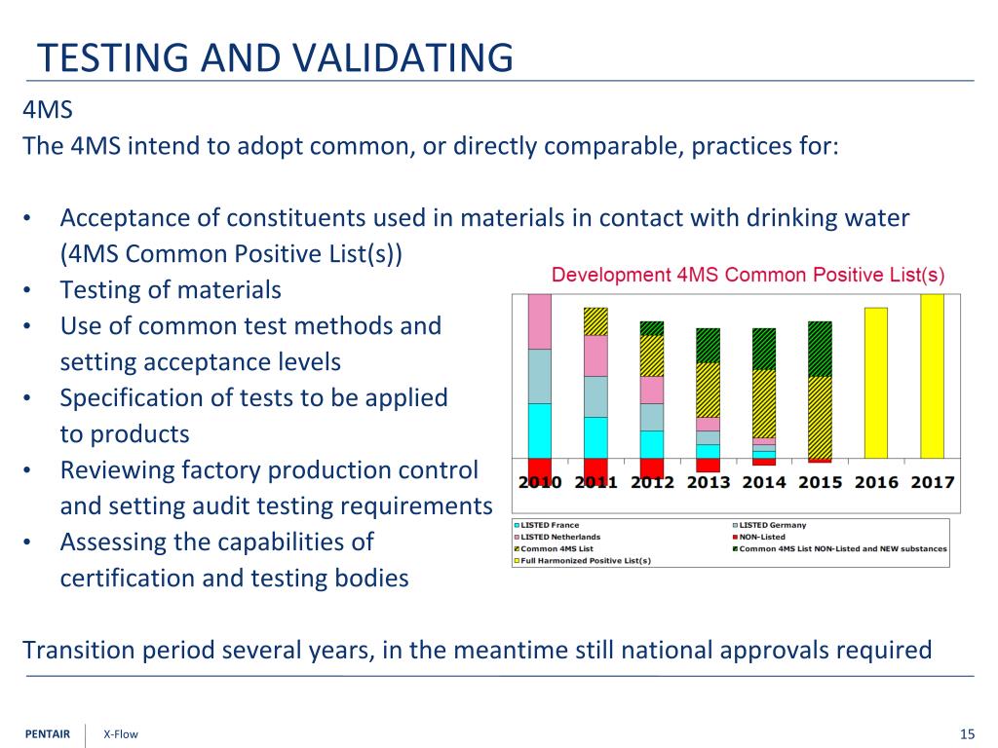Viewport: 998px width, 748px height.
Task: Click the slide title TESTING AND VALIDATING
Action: click(x=275, y=57)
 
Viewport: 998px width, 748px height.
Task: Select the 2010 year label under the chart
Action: click(x=539, y=482)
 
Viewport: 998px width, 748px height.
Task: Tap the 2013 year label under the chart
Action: click(x=709, y=482)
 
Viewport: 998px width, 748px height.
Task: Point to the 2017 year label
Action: click(x=932, y=482)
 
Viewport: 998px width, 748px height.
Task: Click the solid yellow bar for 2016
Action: click(x=875, y=382)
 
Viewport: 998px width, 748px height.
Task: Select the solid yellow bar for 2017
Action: click(x=932, y=375)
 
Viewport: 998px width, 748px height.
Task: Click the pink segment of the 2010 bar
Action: click(x=539, y=321)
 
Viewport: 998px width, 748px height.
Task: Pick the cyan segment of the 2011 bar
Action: click(x=595, y=437)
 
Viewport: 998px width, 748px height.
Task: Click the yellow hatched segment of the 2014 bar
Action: click(x=764, y=403)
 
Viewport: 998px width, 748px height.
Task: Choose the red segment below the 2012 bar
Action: click(x=652, y=467)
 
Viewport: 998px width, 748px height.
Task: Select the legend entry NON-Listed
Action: click(x=761, y=538)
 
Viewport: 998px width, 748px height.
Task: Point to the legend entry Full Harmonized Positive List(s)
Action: click(x=585, y=561)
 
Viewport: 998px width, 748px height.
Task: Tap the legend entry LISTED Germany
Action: click(x=772, y=526)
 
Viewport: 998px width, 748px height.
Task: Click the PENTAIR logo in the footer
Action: click(x=47, y=734)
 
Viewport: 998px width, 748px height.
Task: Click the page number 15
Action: click(x=967, y=734)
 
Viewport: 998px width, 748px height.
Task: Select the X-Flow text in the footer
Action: click(x=121, y=734)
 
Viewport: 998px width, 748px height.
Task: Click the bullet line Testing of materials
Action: click(x=171, y=289)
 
